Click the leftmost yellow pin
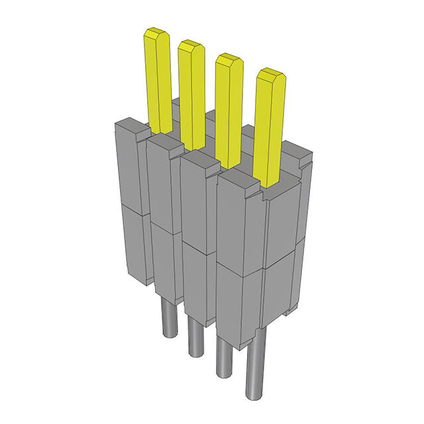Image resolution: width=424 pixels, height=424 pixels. point(158,79)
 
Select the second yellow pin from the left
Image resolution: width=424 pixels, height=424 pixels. point(191,93)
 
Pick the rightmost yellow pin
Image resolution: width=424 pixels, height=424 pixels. point(269,126)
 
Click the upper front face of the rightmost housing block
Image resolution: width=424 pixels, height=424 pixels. point(237,225)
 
